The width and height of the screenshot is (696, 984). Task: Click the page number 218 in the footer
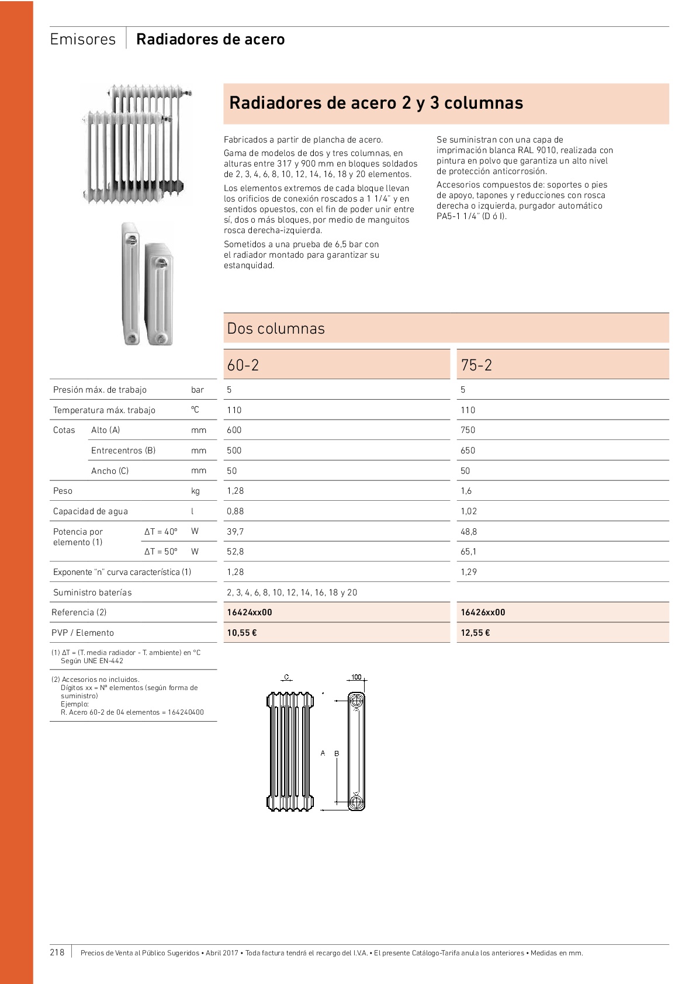click(57, 952)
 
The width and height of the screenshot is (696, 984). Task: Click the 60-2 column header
click(243, 365)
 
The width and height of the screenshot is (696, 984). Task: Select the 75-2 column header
click(476, 365)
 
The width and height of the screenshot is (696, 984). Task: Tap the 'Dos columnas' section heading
click(276, 328)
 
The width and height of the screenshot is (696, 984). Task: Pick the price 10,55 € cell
click(242, 633)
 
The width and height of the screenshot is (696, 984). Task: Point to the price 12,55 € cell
click(475, 633)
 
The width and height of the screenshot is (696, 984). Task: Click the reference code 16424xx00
click(250, 612)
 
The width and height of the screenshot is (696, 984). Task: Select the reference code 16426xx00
click(483, 612)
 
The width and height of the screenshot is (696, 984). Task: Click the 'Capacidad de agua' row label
click(91, 511)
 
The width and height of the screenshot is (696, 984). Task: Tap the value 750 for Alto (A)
click(468, 430)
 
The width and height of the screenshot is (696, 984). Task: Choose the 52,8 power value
click(236, 552)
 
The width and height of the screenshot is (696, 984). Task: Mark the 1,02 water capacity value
click(469, 511)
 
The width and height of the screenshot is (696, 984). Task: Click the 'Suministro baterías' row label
click(92, 593)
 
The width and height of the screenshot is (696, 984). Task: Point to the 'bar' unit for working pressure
click(198, 390)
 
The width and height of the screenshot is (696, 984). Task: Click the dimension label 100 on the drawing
click(356, 677)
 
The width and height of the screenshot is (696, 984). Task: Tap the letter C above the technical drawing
click(286, 677)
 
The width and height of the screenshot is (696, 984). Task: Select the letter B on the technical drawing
click(337, 754)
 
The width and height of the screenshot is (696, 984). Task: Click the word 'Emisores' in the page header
click(83, 39)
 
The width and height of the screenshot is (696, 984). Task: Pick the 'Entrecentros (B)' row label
click(123, 451)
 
